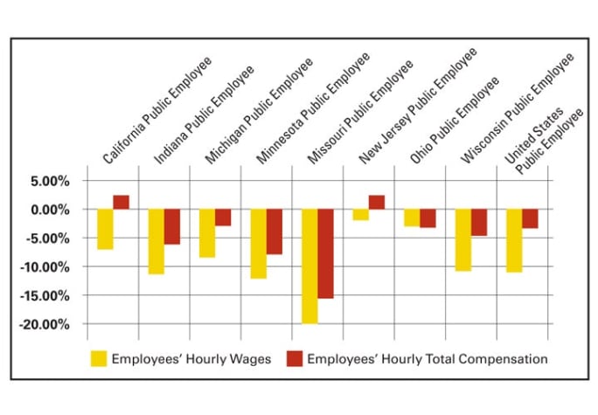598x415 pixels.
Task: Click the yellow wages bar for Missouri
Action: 309,266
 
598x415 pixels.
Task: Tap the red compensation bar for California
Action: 121,202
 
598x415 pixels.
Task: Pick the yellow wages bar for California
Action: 105,229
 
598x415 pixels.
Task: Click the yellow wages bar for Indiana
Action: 156,241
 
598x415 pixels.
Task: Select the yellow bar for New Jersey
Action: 360,214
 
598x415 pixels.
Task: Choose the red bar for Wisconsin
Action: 478,222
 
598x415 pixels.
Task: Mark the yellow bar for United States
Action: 513,241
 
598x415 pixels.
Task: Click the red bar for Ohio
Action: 428,218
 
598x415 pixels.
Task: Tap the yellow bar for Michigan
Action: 207,232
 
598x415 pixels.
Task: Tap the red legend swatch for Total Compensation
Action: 294,358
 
